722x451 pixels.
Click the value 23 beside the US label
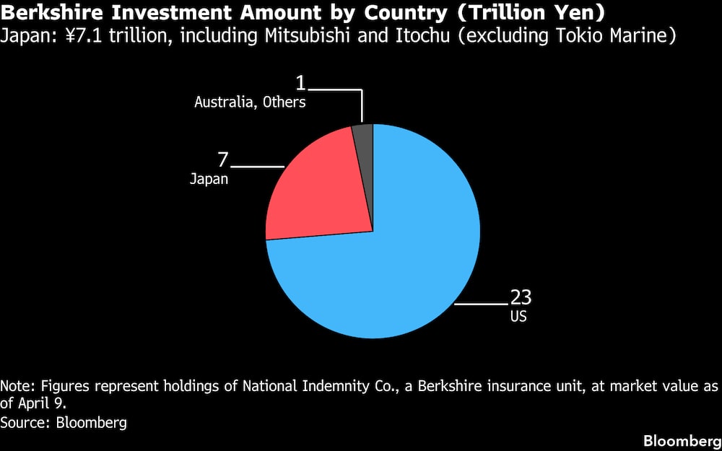point(521,297)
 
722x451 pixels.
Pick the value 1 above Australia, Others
point(300,82)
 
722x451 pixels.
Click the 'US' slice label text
point(518,316)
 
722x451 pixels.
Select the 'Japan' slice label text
point(209,179)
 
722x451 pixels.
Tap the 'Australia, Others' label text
point(250,102)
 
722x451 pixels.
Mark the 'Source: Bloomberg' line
point(64,423)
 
